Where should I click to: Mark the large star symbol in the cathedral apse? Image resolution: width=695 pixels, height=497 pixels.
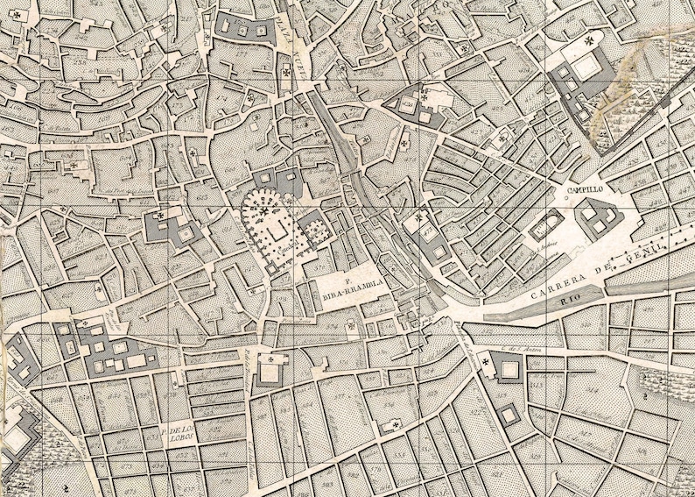pos(263,210)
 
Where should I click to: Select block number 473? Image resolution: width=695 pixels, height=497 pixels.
pos(427,232)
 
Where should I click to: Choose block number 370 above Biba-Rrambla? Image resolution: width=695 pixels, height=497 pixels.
pos(329,255)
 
